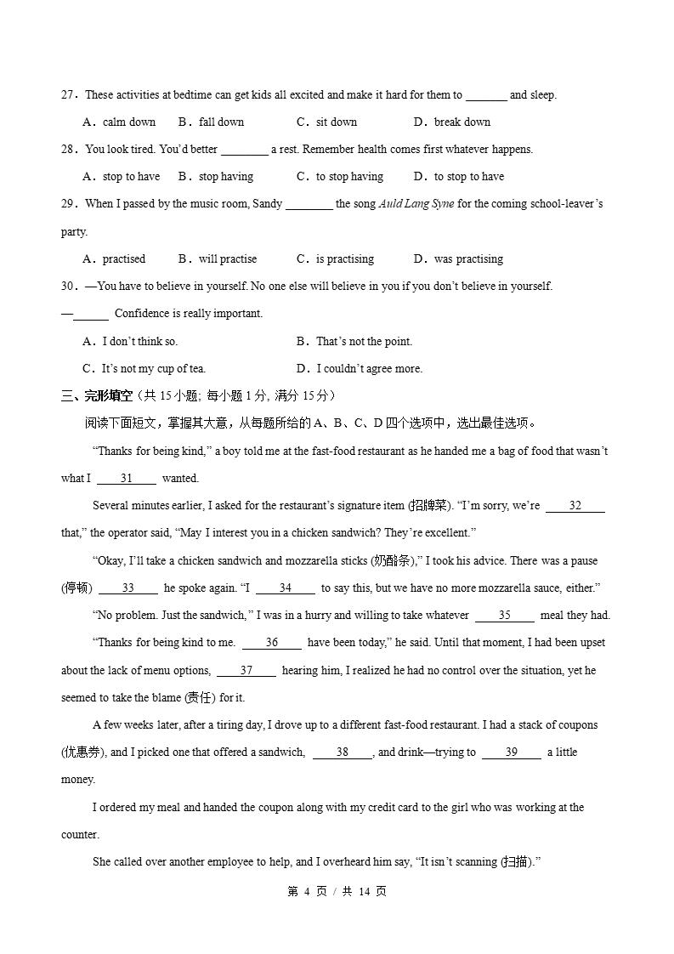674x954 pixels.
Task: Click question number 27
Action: pos(69,95)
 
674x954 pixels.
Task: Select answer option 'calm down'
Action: pos(128,122)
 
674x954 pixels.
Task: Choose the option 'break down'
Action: pos(462,122)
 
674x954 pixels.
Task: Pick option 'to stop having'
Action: pos(349,177)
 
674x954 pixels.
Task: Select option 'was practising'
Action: pos(467,259)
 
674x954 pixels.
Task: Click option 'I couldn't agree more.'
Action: pos(369,369)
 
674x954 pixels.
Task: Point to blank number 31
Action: pos(126,479)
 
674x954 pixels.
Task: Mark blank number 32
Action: pos(575,506)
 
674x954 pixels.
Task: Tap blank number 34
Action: pos(286,588)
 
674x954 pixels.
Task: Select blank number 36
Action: pos(272,643)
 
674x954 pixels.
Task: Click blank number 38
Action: pos(343,752)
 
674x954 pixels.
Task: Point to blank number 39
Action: pos(512,752)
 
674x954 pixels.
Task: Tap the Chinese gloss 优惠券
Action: pos(82,752)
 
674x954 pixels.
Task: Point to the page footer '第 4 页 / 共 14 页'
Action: pos(337,892)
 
